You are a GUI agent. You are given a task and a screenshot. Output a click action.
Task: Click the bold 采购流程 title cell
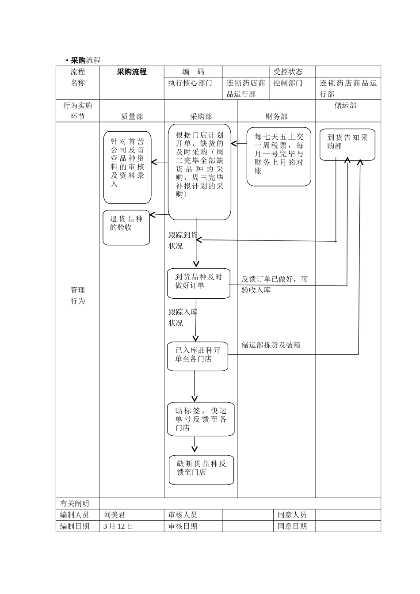pos(131,72)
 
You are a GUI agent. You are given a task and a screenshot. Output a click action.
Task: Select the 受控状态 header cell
pos(288,72)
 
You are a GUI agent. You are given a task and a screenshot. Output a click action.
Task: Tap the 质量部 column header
pos(132,116)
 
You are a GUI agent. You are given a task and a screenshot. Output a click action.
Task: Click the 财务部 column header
pos(276,116)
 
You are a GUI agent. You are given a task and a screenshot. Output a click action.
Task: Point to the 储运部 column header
pos(345,106)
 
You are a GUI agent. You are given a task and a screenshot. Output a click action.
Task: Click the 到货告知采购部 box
pos(347,144)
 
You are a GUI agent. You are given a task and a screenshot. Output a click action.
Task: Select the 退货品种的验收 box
pos(126,228)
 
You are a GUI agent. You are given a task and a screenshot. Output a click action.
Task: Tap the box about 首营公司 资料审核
pos(127,167)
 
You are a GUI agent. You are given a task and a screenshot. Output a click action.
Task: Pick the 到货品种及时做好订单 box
pos(199,283)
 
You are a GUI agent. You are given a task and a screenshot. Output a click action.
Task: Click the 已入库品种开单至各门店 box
pos(198,356)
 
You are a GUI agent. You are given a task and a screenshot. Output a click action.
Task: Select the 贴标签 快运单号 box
pos(201,419)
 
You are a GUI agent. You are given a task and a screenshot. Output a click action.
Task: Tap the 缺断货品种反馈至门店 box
pos(201,469)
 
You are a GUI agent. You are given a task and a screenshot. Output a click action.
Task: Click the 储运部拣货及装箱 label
pos(271,345)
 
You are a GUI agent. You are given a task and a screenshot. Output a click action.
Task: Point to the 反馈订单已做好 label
pos(274,284)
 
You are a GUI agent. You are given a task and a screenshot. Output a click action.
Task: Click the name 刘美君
pos(114,515)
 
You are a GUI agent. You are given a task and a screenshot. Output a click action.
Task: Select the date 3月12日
pos(118,526)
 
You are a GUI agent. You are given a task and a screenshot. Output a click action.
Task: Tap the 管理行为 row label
pos(78,296)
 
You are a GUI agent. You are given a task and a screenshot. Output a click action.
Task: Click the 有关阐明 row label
pos(74,503)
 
